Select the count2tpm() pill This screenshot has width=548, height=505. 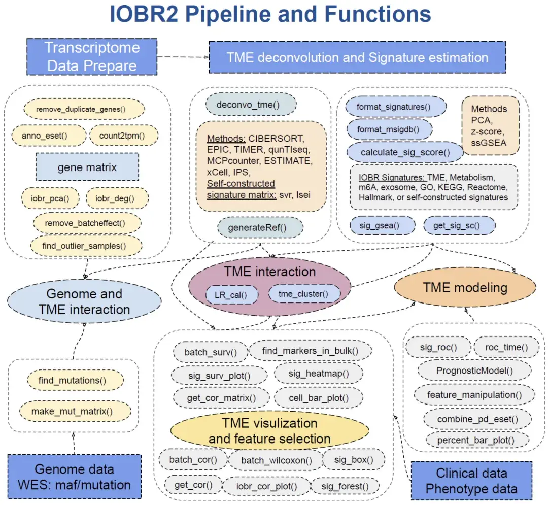[x=124, y=136]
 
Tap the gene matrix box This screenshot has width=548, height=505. [x=87, y=167]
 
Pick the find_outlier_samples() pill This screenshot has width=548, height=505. [x=86, y=246]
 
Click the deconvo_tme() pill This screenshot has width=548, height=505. [x=251, y=106]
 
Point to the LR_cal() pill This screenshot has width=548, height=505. [x=232, y=294]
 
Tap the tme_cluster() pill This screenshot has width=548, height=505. [x=302, y=293]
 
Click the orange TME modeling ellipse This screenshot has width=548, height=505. [x=465, y=288]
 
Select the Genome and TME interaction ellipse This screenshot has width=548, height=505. [x=84, y=301]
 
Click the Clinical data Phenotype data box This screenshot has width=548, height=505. [x=471, y=481]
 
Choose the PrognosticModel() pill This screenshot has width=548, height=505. [x=474, y=371]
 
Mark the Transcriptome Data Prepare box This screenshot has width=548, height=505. [x=92, y=56]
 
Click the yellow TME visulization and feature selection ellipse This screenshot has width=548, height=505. [x=269, y=431]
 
